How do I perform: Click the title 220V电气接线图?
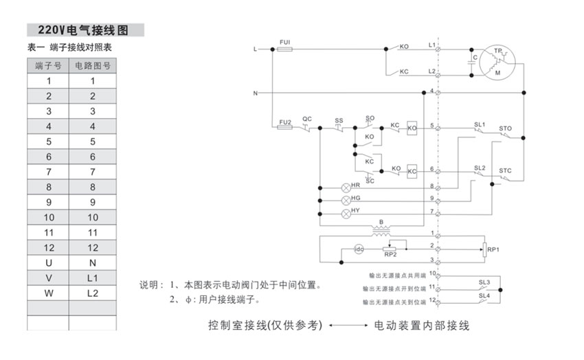coord(85,30)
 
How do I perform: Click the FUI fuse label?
coord(285,43)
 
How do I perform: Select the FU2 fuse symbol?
coord(285,128)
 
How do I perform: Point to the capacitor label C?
coord(475,58)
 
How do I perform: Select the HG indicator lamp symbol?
coord(346,199)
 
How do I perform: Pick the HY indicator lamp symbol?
coord(346,212)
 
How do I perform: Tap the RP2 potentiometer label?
coord(390,256)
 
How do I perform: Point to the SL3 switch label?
coord(484,282)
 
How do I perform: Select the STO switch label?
coord(506,128)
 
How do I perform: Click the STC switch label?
coord(506,170)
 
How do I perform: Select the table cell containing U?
coord(48,262)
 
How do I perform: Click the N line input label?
coord(256,93)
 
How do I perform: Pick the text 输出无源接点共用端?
coord(396,274)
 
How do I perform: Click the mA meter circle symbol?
coord(358,248)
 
